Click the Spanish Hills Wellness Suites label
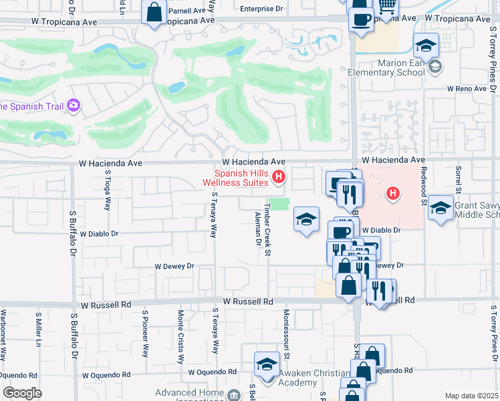(241, 178)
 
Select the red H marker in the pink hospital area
(393, 194)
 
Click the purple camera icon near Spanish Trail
(73, 106)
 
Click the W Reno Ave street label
(469, 88)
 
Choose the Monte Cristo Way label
(180, 333)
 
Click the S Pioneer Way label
(144, 333)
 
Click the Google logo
(22, 393)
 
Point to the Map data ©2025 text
(471, 396)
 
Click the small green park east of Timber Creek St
(280, 204)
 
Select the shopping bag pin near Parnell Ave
(154, 13)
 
